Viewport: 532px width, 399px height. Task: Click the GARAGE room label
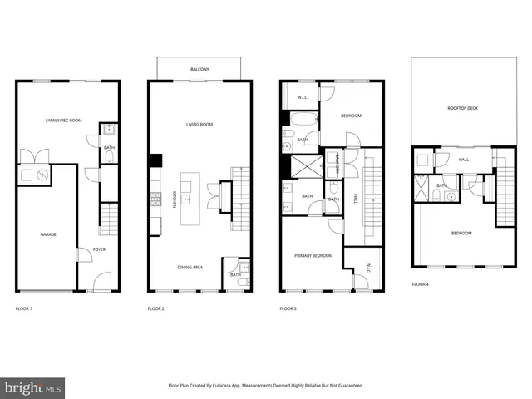[x=48, y=234]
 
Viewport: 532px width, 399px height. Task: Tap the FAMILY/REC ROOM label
[x=64, y=121]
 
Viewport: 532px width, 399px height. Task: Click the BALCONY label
[x=199, y=69]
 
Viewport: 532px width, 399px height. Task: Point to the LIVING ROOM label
[x=199, y=125]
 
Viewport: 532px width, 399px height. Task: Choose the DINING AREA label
[x=190, y=267]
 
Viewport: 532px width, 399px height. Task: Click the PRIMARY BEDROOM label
[x=313, y=255]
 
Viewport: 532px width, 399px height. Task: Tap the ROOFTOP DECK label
[x=462, y=108]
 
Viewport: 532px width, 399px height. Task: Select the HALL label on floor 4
[x=462, y=160]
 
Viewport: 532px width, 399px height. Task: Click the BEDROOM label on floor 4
[x=461, y=233]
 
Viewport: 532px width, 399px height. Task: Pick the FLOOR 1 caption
[x=24, y=308]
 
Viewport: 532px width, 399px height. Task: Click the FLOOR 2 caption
[x=156, y=308]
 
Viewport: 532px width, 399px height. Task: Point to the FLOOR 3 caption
[x=288, y=308]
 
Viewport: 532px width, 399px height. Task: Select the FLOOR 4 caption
[x=421, y=284]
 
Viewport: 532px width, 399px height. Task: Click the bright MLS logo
[x=33, y=387]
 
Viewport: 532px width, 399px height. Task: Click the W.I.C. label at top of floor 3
[x=303, y=98]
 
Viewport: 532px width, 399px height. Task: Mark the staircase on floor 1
[x=109, y=221]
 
